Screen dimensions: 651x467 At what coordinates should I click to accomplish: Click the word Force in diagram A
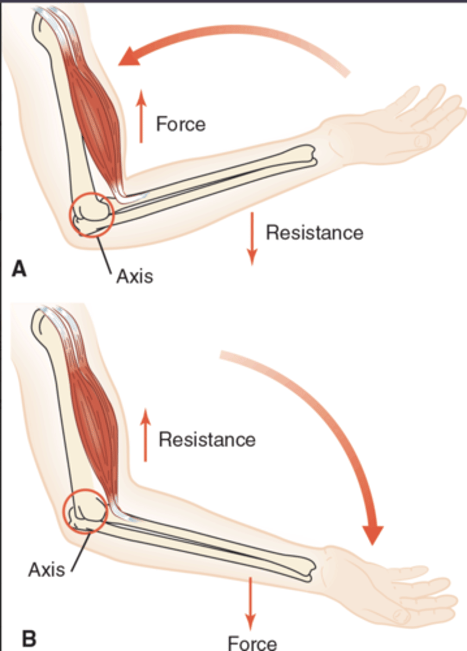point(181,124)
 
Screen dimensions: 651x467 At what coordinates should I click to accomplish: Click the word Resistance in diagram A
point(314,233)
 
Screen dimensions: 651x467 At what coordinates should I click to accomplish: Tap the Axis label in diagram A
point(134,276)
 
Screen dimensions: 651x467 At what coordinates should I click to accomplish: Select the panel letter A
point(19,269)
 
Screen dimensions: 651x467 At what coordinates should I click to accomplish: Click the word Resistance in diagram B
point(207,439)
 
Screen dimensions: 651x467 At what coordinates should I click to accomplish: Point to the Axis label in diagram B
point(46,569)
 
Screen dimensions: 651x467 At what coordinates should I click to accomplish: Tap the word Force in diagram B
point(252,643)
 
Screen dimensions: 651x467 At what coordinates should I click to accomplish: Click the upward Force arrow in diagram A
point(141,117)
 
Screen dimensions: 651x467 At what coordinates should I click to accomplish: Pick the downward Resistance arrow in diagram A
point(251,239)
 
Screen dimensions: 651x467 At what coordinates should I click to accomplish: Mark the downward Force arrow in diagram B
point(250,602)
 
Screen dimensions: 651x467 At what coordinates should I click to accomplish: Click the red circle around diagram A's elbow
point(91,214)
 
